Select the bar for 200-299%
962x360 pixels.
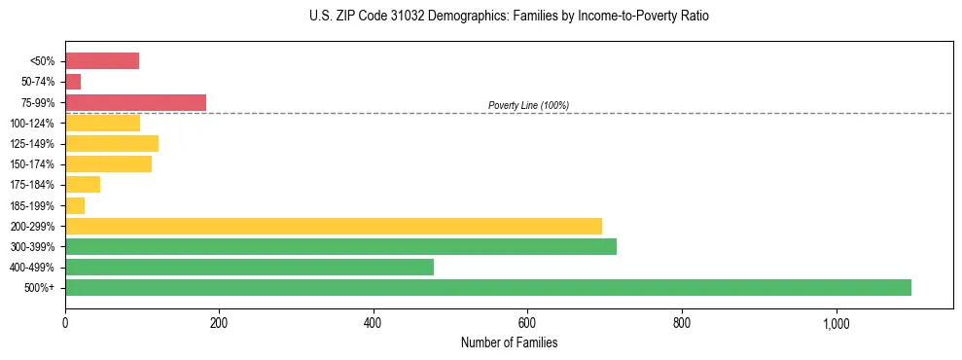coord(334,226)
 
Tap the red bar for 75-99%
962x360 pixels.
coord(135,102)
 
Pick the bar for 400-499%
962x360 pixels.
coord(249,267)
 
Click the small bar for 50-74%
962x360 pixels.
coord(73,82)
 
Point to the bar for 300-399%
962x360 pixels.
coord(340,246)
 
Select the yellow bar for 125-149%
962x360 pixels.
coord(112,144)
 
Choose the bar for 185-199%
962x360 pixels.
coord(75,205)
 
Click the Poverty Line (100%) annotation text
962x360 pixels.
coord(528,105)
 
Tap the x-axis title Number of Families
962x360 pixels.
coord(509,342)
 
